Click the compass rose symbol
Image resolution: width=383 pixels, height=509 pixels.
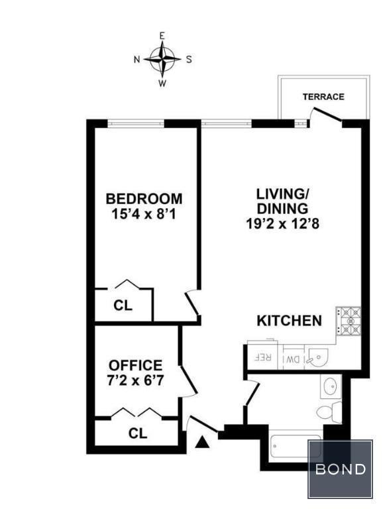pyautogui.click(x=162, y=59)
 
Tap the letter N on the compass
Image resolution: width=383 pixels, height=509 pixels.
pyautogui.click(x=137, y=60)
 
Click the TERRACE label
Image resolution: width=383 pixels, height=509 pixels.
pyautogui.click(x=323, y=97)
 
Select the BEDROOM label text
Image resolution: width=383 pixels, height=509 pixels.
pyautogui.click(x=144, y=198)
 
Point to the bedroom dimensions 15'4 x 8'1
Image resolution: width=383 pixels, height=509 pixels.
pyautogui.click(x=144, y=214)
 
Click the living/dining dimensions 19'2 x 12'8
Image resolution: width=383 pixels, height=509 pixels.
pyautogui.click(x=283, y=224)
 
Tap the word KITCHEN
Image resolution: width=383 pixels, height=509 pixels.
pyautogui.click(x=289, y=320)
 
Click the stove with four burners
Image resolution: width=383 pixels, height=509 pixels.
pyautogui.click(x=349, y=321)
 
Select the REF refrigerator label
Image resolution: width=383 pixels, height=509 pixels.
pyautogui.click(x=262, y=357)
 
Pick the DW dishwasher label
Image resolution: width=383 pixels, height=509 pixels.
pyautogui.click(x=292, y=359)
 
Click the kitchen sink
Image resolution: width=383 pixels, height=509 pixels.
pyautogui.click(x=318, y=358)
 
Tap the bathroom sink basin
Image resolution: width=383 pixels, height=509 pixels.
pyautogui.click(x=331, y=386)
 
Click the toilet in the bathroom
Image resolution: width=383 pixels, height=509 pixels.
pyautogui.click(x=329, y=412)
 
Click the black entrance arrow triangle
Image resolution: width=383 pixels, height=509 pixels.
pyautogui.click(x=202, y=442)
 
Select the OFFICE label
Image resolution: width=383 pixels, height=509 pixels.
pyautogui.click(x=135, y=365)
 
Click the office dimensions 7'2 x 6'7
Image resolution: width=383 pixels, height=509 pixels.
pyautogui.click(x=135, y=380)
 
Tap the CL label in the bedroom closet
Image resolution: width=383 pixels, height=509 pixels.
pyautogui.click(x=123, y=306)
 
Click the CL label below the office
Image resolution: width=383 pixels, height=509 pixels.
pyautogui.click(x=138, y=433)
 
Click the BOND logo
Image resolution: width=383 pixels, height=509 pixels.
pyautogui.click(x=340, y=469)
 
